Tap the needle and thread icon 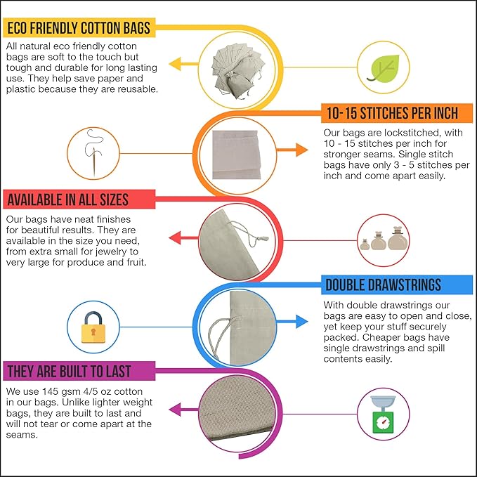tap(93, 153)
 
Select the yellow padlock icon tap(93, 327)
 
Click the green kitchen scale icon tap(383, 414)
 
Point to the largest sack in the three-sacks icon tap(398, 239)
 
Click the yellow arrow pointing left tap(183, 64)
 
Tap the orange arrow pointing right tap(292, 150)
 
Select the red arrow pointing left tap(183, 238)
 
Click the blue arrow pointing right tap(292, 322)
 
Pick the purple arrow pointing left tap(183, 410)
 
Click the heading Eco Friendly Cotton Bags tap(79, 28)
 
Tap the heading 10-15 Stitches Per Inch tap(393, 113)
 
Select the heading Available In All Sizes tap(68, 200)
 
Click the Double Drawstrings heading tap(384, 285)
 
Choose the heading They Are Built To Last tap(70, 372)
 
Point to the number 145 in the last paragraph tap(51, 391)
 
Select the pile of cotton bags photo tap(238, 71)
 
